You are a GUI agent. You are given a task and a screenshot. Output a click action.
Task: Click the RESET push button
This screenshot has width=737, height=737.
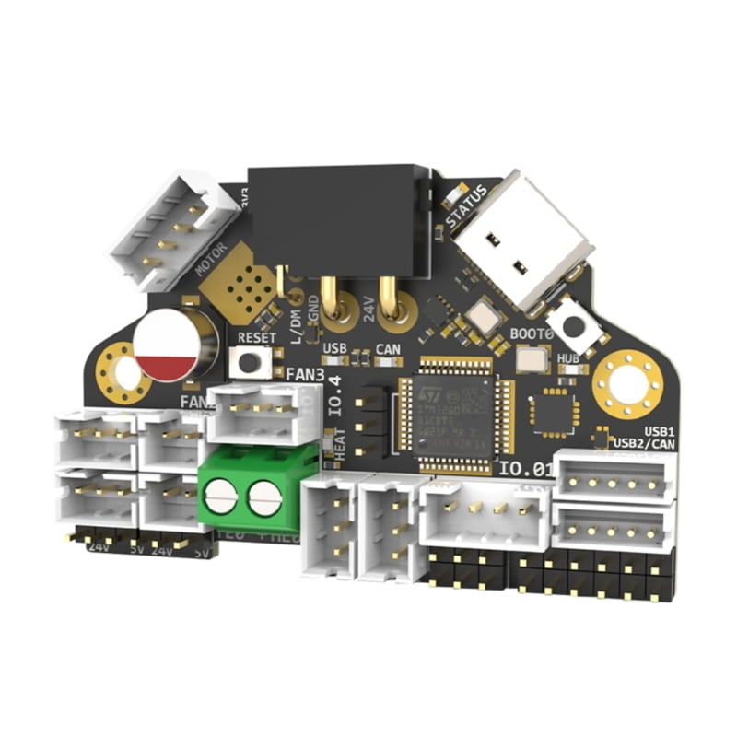[x=251, y=362]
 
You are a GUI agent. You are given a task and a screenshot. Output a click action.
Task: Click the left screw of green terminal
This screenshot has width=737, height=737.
[x=223, y=498]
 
